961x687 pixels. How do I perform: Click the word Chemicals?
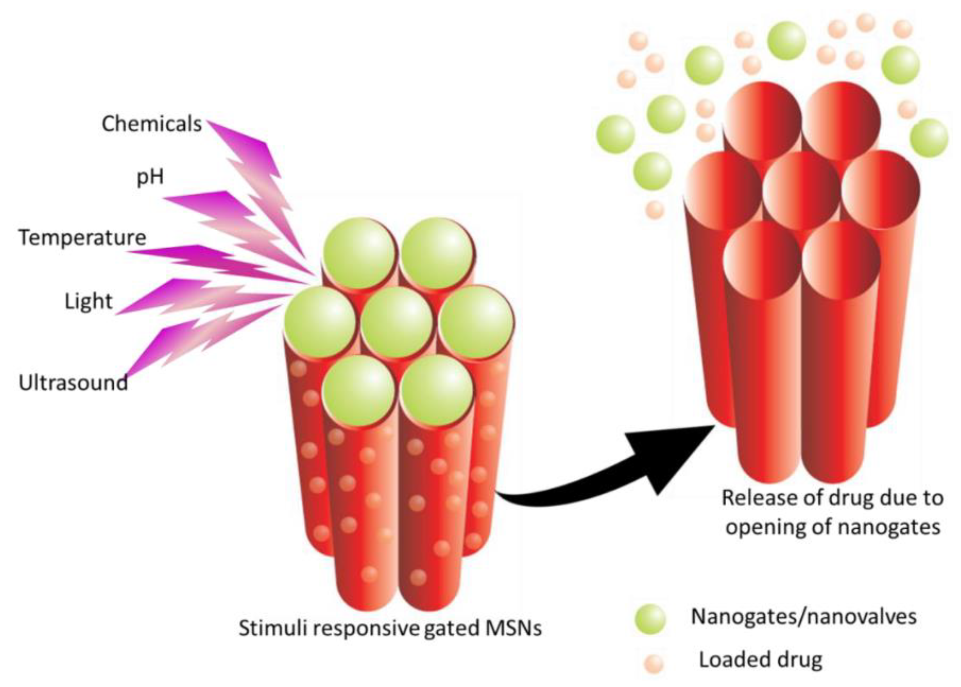click(151, 124)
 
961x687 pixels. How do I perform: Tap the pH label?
click(150, 177)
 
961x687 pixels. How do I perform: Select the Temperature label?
click(82, 238)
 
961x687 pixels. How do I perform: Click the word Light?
click(88, 301)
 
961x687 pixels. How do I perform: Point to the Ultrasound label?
click(73, 383)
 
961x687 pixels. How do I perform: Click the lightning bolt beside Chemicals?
click(258, 178)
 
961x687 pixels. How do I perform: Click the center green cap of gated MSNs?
click(397, 322)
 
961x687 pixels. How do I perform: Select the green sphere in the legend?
click(650, 619)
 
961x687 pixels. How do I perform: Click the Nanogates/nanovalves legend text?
click(803, 617)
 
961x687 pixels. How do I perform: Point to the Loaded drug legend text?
click(760, 660)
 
